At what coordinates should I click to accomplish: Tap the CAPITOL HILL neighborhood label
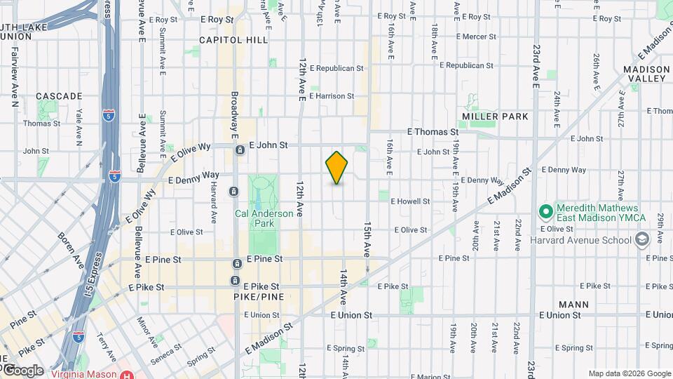pos(233,40)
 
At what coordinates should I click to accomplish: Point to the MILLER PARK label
pos(496,116)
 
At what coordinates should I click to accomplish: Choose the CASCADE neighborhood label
pos(59,95)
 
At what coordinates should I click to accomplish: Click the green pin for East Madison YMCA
pos(545,211)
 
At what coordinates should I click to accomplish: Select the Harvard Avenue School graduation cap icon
pos(641,239)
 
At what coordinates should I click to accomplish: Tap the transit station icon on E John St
pos(240,149)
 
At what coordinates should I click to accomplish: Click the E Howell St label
pos(410,201)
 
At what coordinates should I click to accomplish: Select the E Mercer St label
pos(476,36)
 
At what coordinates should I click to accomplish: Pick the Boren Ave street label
pos(70,246)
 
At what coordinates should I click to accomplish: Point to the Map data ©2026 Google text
pos(629,373)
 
